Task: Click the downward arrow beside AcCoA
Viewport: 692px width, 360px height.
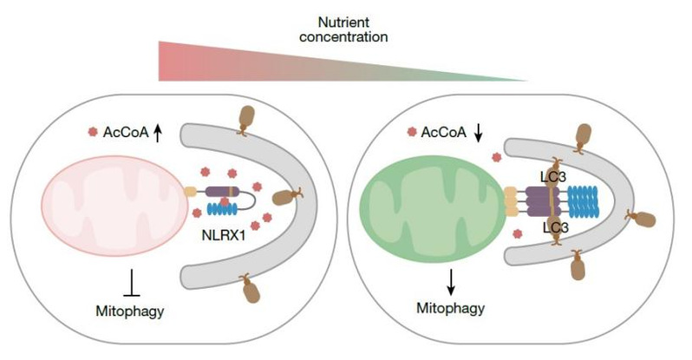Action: pos(480,133)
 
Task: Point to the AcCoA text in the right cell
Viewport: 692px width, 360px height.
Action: pos(444,133)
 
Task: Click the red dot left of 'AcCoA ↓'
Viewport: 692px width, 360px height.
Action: pos(410,133)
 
